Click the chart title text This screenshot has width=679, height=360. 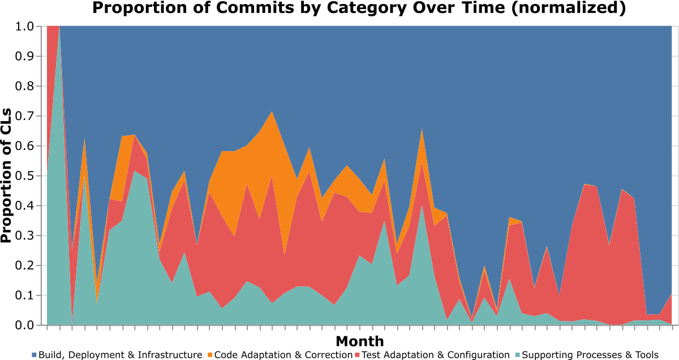(x=359, y=8)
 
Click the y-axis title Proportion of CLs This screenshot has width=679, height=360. (x=7, y=175)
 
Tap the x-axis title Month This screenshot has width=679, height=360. (x=360, y=341)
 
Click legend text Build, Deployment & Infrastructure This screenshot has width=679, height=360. (x=121, y=355)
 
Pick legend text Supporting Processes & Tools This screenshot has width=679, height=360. (x=590, y=355)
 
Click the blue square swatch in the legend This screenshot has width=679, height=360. (x=35, y=355)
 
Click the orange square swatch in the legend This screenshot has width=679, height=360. (x=209, y=355)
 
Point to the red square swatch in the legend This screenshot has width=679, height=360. (x=357, y=355)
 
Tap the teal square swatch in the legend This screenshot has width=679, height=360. (x=517, y=355)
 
